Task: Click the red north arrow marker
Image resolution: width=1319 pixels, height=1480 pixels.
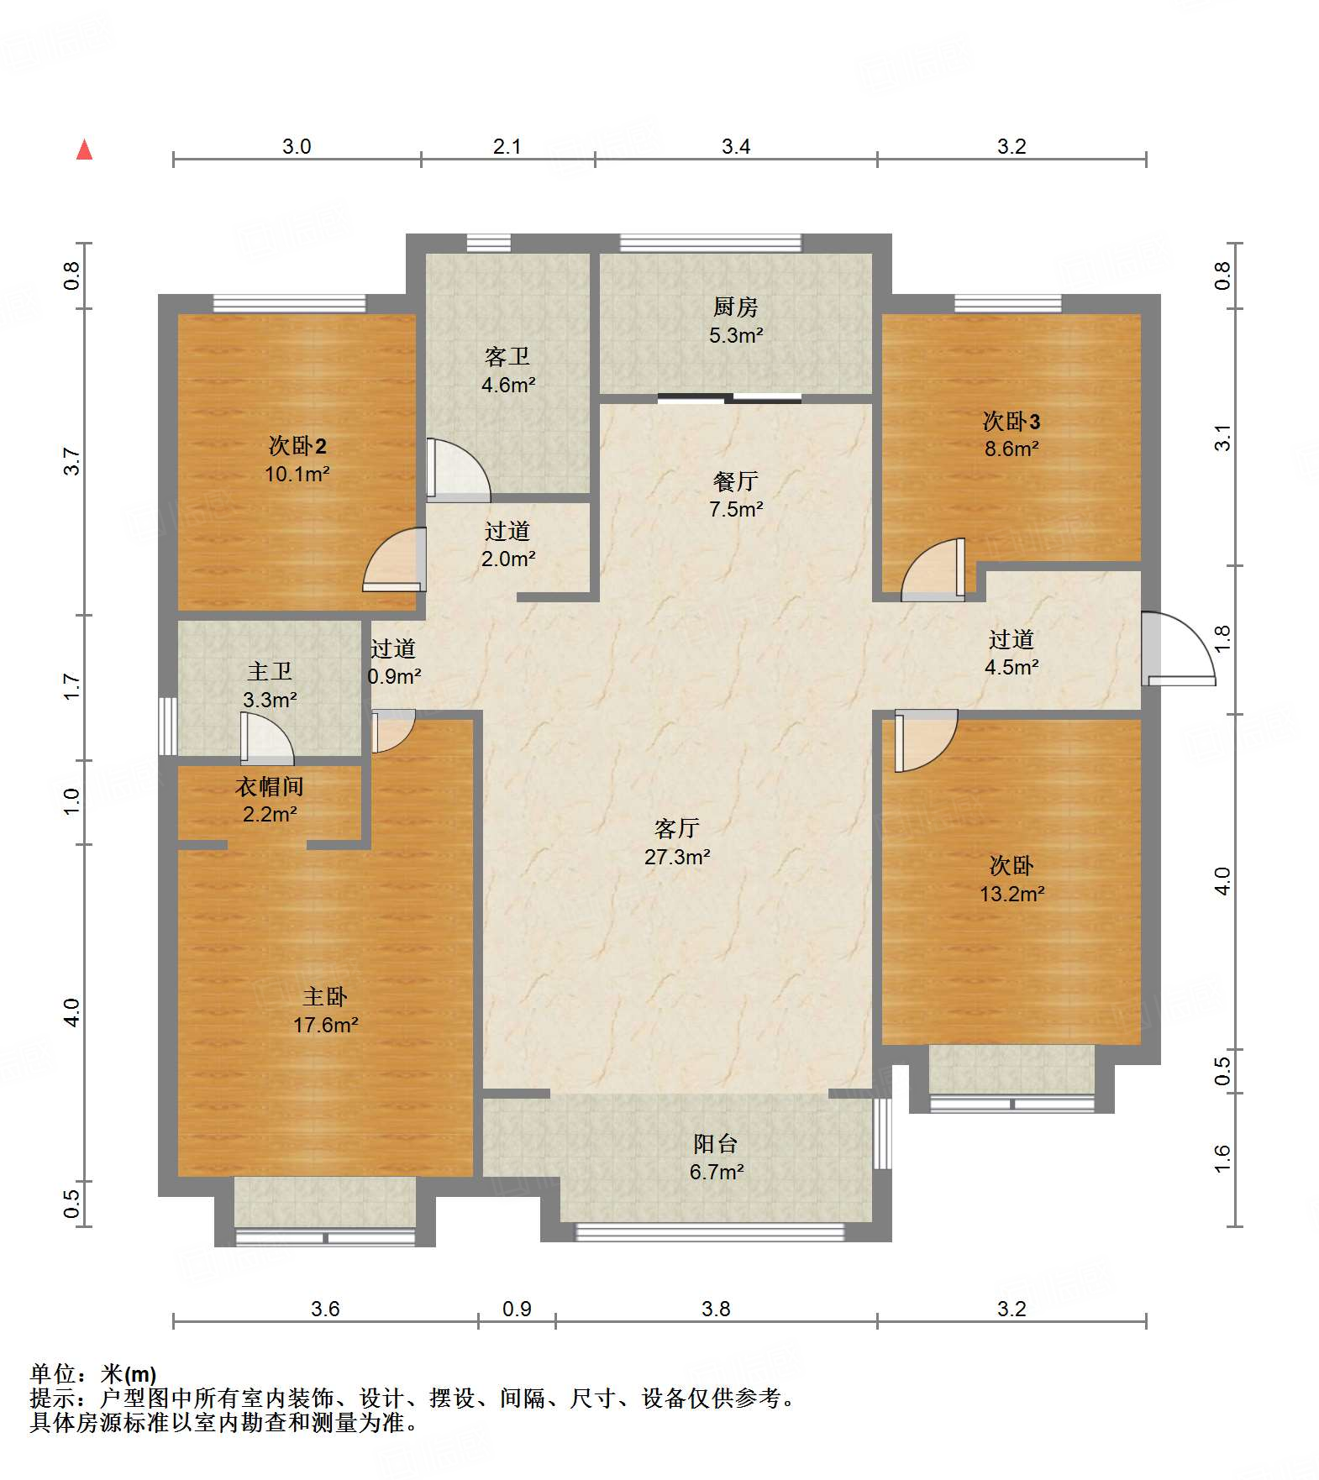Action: (x=84, y=150)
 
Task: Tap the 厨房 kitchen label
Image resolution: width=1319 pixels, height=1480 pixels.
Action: (x=735, y=307)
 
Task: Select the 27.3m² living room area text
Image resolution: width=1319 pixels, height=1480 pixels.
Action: (x=677, y=857)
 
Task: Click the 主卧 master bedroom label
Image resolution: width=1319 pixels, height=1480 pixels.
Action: (x=325, y=997)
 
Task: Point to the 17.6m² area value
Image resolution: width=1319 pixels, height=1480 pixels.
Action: (x=325, y=1025)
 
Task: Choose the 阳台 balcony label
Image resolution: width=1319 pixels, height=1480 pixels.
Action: (x=716, y=1143)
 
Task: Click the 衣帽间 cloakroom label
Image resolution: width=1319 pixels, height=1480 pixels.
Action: (x=269, y=786)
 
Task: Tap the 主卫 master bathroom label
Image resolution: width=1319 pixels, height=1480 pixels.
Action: (x=270, y=671)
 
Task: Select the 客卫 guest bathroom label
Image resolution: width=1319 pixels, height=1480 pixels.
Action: (x=507, y=357)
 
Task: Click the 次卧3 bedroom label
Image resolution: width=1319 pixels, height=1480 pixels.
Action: (x=1012, y=421)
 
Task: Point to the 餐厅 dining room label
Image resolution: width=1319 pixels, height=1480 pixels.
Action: (x=736, y=481)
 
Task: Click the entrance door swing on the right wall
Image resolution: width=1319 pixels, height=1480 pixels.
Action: (x=1178, y=648)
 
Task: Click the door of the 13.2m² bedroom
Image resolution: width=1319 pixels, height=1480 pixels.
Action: (x=926, y=740)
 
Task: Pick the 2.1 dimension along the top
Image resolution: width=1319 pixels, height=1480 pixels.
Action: (x=507, y=146)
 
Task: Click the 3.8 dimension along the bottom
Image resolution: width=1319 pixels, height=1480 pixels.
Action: (x=716, y=1309)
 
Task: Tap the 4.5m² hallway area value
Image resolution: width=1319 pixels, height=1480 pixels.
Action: (x=1012, y=667)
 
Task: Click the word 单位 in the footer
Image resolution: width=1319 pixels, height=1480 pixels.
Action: (x=53, y=1374)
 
